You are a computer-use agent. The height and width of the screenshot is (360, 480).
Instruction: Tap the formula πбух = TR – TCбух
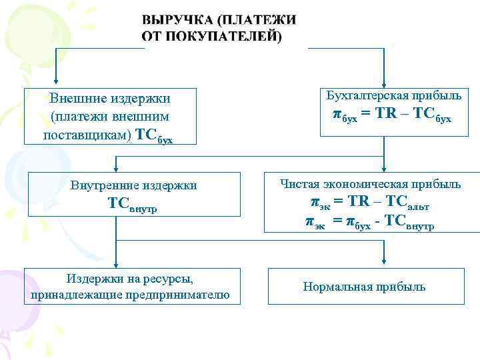pyautogui.click(x=392, y=115)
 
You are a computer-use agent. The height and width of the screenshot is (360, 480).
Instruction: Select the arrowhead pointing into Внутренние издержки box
pyautogui.click(x=115, y=168)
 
